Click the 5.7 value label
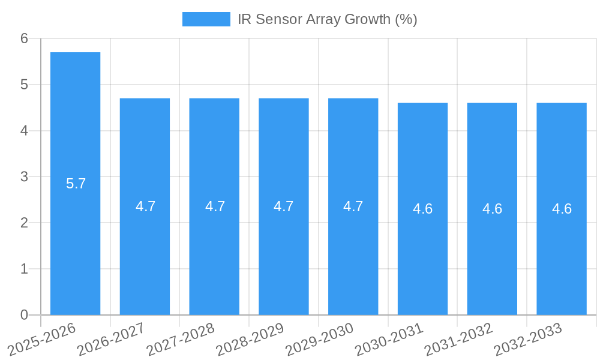pos(76,184)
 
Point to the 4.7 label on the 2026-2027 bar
pos(145,206)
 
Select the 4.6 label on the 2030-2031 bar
pos(422,209)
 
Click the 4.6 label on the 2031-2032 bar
pos(492,209)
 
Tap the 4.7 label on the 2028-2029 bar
pos(283,206)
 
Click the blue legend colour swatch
pos(206,19)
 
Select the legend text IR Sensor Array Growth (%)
pos(327,19)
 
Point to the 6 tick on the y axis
pos(24,38)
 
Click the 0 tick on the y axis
pos(24,315)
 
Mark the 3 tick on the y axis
pos(24,177)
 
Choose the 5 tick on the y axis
pos(24,85)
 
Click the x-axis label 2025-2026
pos(42,339)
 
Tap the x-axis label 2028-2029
pos(250,339)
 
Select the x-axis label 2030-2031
pos(389,339)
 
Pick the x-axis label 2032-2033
pos(527,339)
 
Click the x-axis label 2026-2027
pos(111,339)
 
